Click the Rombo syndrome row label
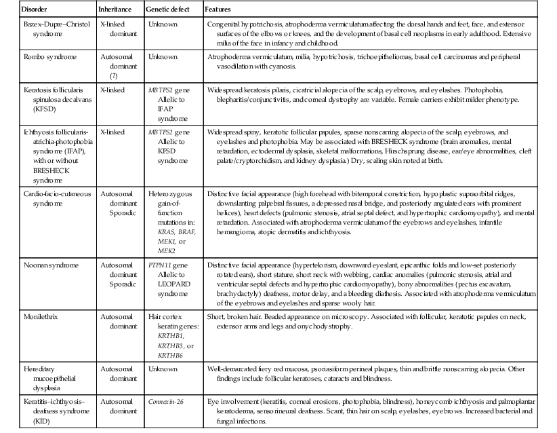pos(43,58)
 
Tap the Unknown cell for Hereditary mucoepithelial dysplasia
pos(163,369)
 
